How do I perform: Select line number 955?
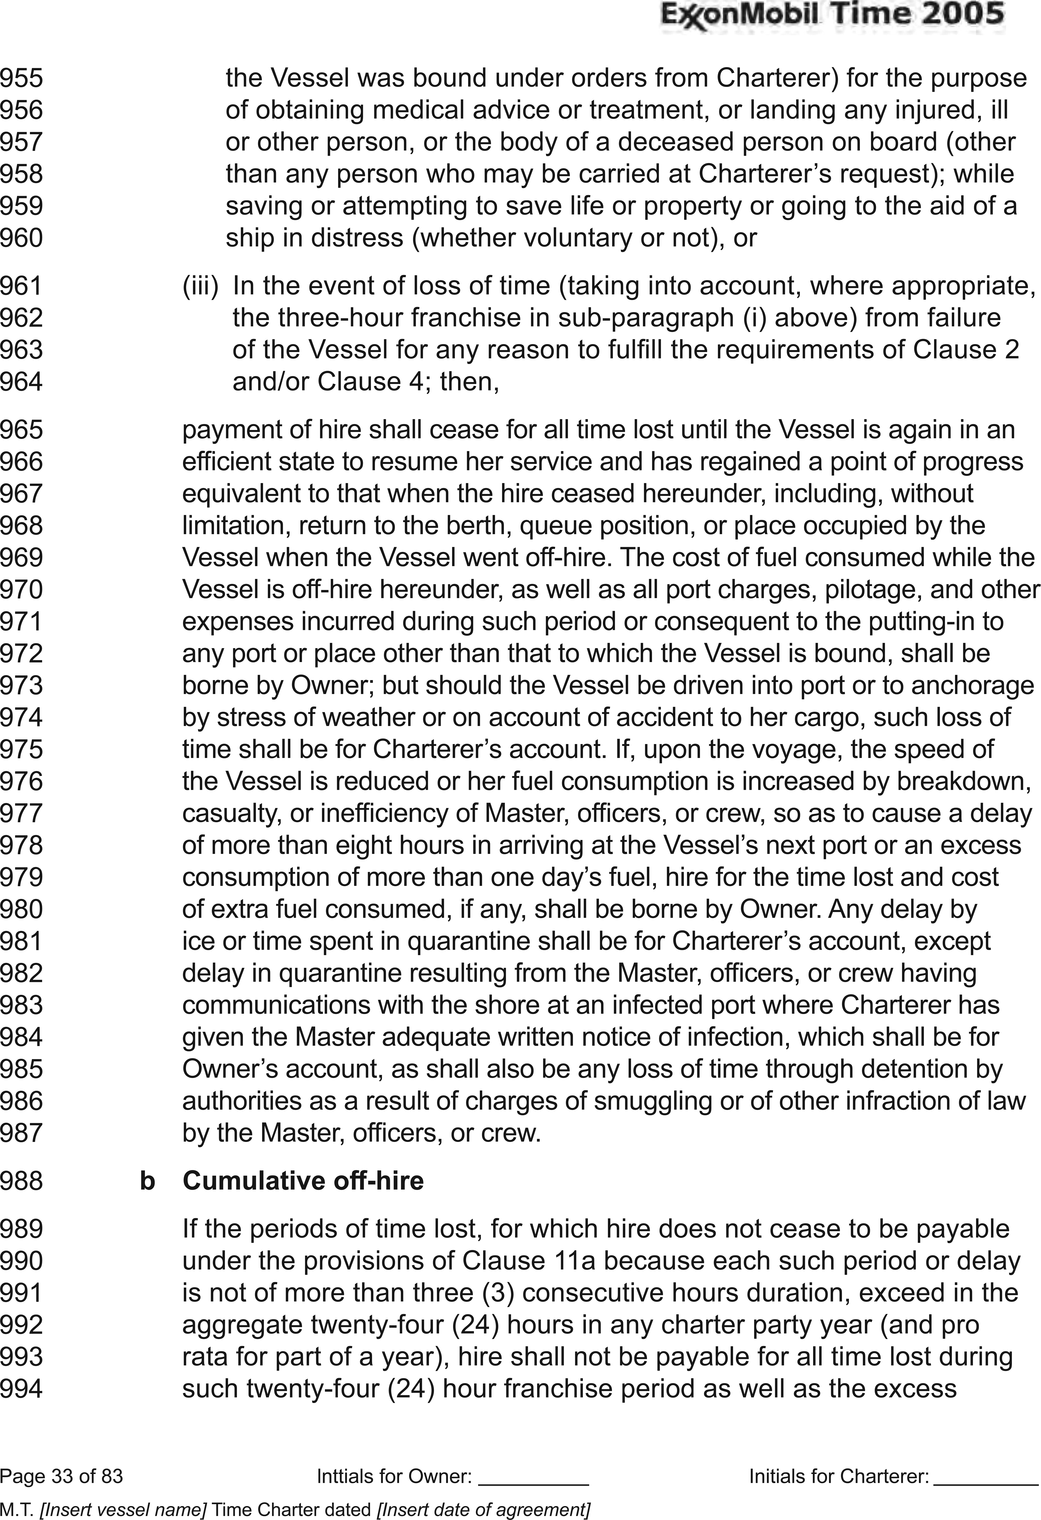[x=22, y=78]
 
